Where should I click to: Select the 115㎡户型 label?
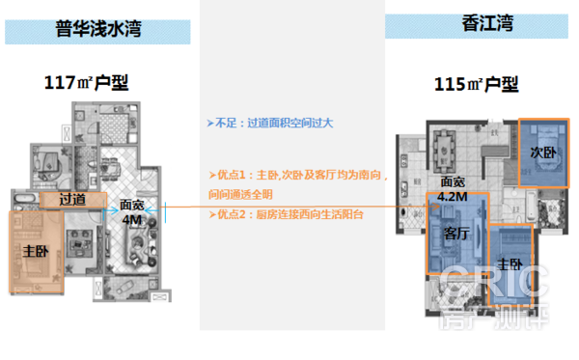click(476, 88)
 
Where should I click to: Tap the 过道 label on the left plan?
click(72, 200)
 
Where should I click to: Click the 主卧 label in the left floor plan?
click(36, 251)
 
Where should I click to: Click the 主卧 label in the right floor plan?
click(509, 263)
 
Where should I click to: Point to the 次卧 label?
click(542, 152)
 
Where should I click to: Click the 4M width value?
click(131, 219)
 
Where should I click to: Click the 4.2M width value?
click(453, 197)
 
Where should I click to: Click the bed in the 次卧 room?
click(546, 154)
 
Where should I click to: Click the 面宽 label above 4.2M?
click(453, 181)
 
